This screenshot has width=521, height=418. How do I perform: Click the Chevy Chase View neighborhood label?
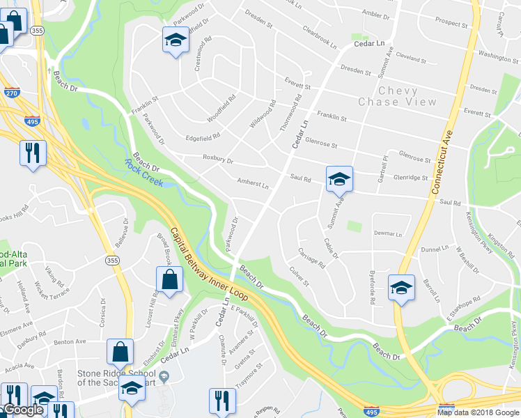pos(398,96)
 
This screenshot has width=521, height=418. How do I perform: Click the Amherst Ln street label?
pos(253,184)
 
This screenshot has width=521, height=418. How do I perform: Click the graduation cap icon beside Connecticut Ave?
pos(401,288)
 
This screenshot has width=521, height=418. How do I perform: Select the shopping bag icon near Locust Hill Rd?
pos(169,281)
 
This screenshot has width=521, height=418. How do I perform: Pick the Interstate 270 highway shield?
pos(11,91)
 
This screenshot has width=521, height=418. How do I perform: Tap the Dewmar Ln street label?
pos(388,233)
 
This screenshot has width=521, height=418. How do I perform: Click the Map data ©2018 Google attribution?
pos(478,412)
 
